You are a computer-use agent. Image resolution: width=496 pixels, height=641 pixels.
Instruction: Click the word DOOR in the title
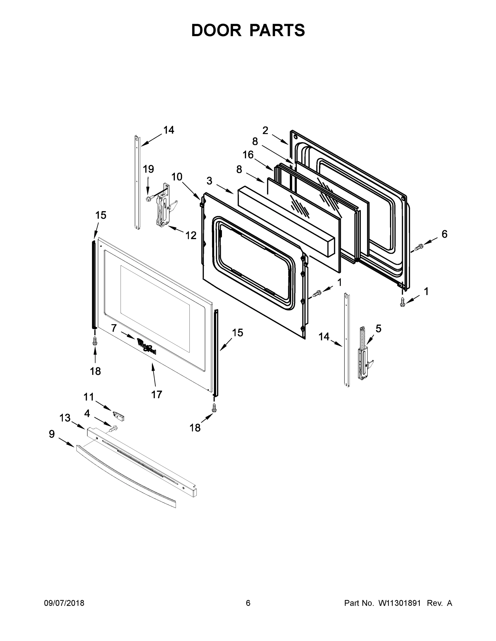pos(216,30)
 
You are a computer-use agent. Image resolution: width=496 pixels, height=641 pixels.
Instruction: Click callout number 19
pos(148,169)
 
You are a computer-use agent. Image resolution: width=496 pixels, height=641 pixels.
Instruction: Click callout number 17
pos(157,394)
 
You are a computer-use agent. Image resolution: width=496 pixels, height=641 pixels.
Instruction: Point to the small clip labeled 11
pos(119,416)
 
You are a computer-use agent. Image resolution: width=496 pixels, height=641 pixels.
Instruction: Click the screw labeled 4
pos(113,429)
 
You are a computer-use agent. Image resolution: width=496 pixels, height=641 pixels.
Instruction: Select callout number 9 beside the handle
pos(52,434)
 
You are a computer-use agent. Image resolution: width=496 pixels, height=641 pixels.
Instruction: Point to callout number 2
pos(265,131)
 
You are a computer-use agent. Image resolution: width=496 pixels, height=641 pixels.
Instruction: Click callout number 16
pos(248,155)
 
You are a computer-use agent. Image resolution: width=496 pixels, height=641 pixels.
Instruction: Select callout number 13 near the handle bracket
pos(65,418)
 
